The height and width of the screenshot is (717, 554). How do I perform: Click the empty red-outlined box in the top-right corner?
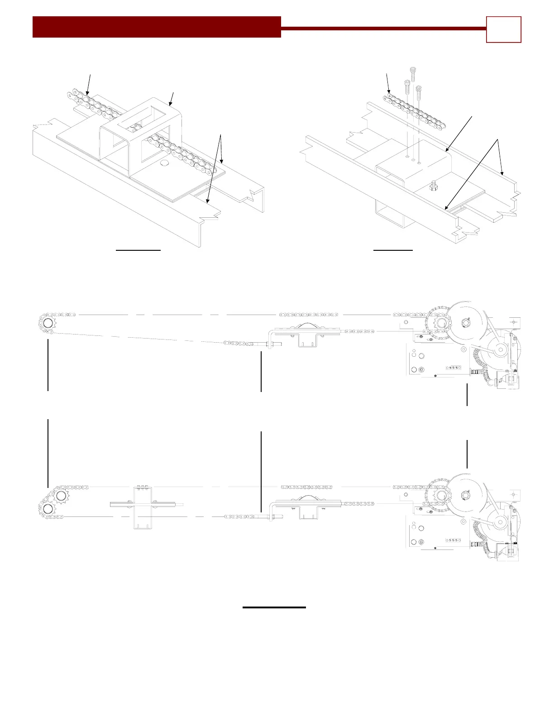[503, 29]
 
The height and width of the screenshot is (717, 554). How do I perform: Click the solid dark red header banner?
[157, 27]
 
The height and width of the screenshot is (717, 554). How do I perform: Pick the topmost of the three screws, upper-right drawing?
[412, 72]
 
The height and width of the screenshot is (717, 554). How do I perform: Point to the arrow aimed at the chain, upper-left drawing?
[89, 84]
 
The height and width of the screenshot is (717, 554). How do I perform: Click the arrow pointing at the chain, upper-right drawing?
[388, 84]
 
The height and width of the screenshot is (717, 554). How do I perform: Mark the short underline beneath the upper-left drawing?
[138, 249]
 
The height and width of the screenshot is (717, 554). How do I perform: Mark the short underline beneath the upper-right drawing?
[393, 249]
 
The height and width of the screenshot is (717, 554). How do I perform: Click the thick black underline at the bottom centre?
[274, 607]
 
